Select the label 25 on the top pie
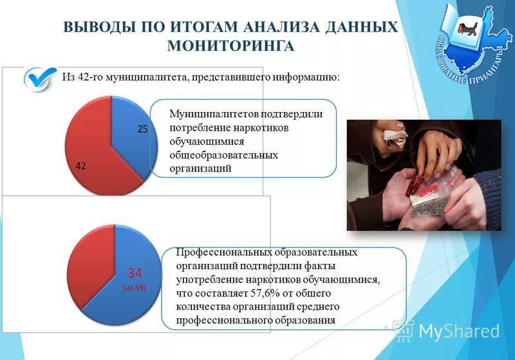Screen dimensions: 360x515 (x=142, y=129)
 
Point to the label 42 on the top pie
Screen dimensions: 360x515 (x=81, y=166)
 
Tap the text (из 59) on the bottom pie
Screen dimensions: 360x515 (x=135, y=288)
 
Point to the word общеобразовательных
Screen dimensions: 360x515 (x=223, y=155)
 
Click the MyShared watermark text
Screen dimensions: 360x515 (x=458, y=332)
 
